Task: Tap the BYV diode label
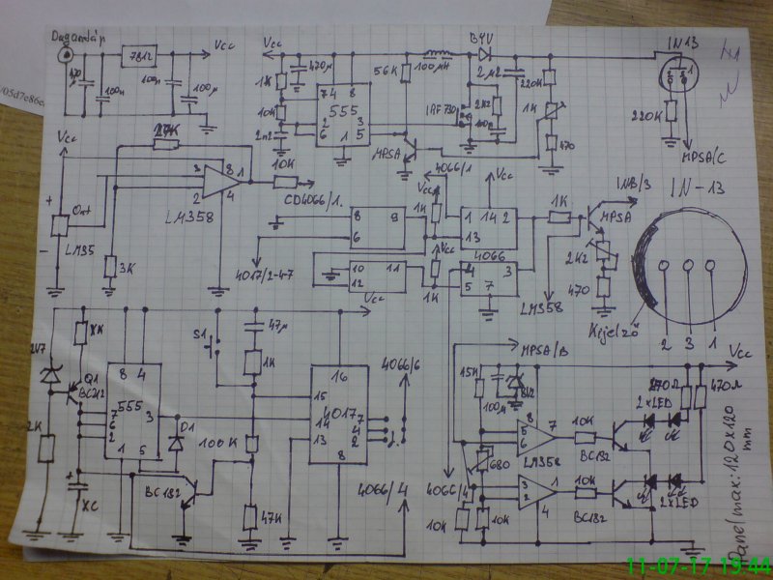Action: pos(480,36)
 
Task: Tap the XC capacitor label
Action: pos(90,505)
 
